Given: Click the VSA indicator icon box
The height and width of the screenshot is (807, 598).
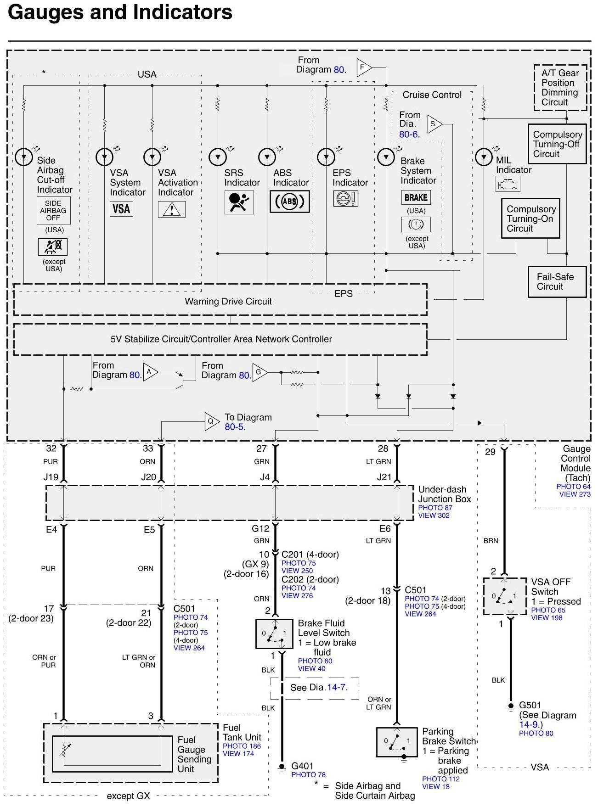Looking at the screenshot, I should [121, 209].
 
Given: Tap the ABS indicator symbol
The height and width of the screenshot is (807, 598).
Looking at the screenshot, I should [289, 202].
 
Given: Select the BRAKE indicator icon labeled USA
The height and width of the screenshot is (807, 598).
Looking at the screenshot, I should [416, 197].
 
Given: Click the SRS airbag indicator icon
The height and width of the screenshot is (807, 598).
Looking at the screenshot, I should [239, 202].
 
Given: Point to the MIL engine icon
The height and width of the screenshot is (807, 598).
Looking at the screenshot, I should [508, 184].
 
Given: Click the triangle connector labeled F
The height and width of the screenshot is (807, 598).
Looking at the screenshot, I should [363, 67].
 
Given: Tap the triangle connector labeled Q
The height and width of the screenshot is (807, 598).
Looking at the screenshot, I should [211, 421].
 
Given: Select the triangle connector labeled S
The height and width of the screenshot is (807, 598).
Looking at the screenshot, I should [434, 123].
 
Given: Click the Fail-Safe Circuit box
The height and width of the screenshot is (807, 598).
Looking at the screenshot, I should [557, 282].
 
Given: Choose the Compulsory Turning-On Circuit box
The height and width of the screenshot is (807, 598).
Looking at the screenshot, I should [530, 219].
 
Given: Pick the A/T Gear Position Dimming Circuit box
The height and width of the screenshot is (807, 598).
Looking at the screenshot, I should [560, 88].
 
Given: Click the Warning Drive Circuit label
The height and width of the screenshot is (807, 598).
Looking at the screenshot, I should [228, 302].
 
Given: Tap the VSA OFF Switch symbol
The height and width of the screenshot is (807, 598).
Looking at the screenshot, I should [504, 596].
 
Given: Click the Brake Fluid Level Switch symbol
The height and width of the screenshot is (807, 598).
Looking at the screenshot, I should [274, 633].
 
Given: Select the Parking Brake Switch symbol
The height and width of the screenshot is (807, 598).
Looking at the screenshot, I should [396, 742].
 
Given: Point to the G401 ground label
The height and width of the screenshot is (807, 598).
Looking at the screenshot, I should [302, 766].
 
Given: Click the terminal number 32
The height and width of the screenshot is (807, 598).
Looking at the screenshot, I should [51, 448].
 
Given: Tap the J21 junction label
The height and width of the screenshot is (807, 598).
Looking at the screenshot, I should [384, 477].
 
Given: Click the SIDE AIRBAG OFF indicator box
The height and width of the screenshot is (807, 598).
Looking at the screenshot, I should [53, 211].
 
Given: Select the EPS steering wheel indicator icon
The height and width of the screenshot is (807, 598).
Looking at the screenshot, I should [345, 198].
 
